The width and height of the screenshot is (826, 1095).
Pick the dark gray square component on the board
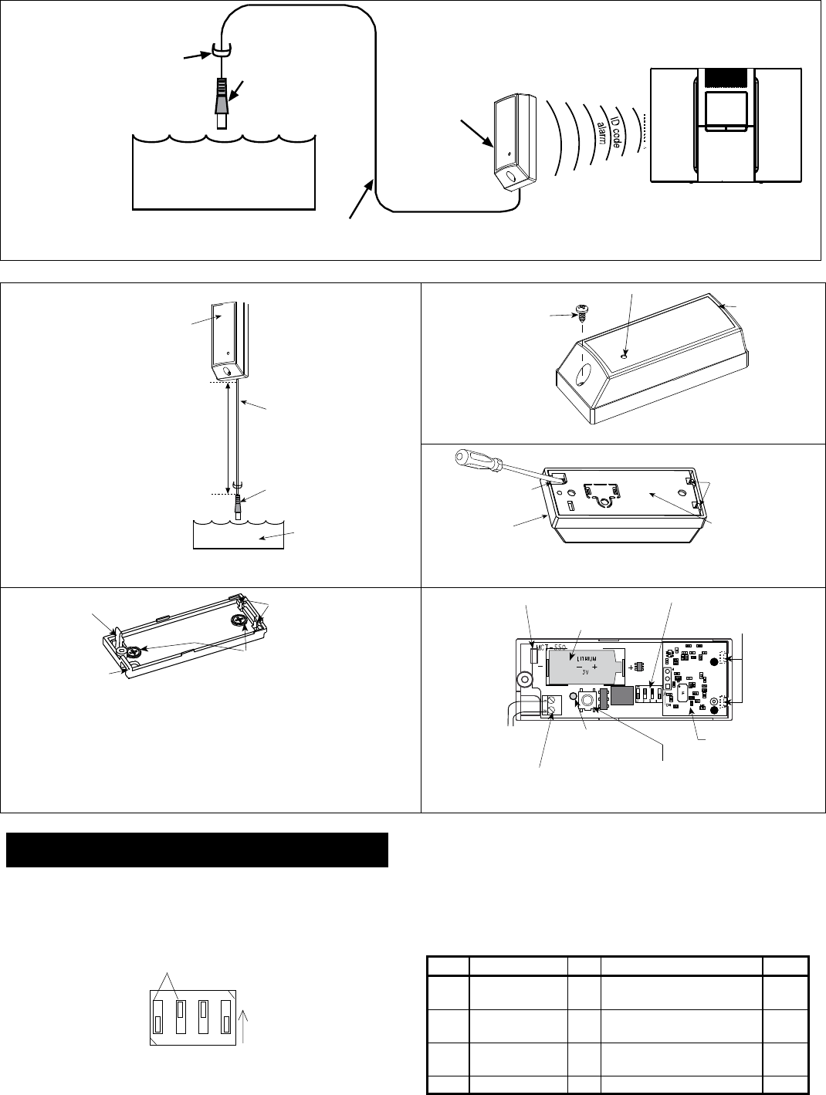[x=621, y=696]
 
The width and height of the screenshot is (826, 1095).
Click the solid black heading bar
[x=197, y=850]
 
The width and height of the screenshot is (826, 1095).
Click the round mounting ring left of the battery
[x=525, y=680]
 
